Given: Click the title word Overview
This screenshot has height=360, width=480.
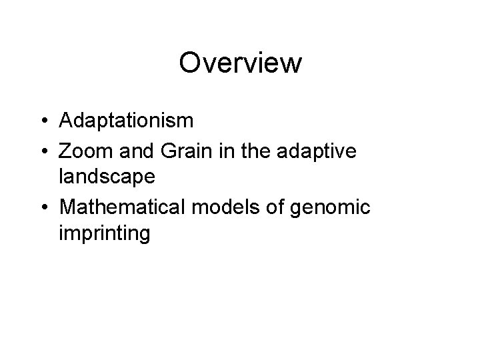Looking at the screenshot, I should point(240,63).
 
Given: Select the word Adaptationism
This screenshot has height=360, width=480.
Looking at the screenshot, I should point(126,121).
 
